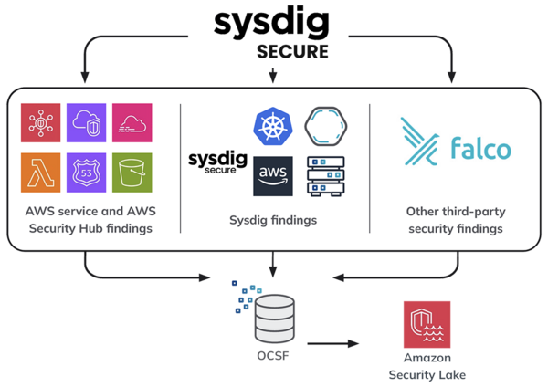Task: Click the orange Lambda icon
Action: coord(40,173)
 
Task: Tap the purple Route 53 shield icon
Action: coord(87,173)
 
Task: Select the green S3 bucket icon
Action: coord(132,173)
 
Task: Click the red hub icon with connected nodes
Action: coord(40,123)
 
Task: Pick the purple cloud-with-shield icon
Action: coord(87,123)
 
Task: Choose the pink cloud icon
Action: coord(132,123)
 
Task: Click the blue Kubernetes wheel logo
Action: coord(272,126)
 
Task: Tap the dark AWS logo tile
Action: coord(273,176)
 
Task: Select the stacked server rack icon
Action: coord(326,176)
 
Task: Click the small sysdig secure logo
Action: coord(217,162)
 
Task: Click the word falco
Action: coord(481,148)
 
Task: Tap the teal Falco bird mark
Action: coord(419,141)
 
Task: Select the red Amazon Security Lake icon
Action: coord(427,325)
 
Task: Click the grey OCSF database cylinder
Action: coord(274,319)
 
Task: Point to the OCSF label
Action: coord(273,356)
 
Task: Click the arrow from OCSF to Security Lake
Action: coord(333,344)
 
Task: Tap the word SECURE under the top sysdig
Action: coord(292,52)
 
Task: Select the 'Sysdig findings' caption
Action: coord(273,220)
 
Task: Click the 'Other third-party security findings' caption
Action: coord(456,220)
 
